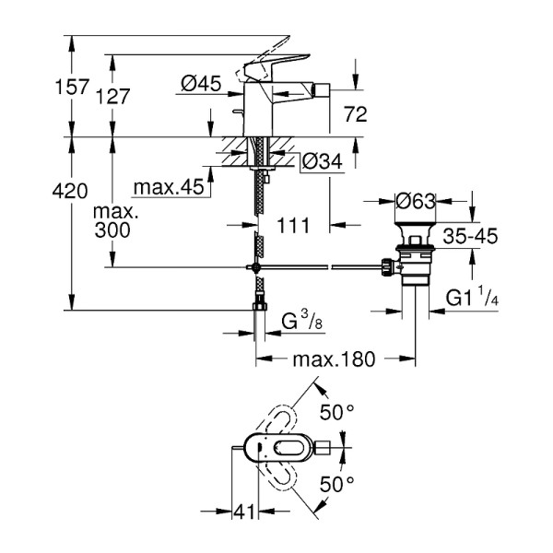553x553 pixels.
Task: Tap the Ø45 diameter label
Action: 201,84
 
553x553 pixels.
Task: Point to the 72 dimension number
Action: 355,114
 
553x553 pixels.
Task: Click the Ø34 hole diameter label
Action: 322,161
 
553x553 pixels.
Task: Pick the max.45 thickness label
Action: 168,187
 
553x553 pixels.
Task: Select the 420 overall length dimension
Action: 70,191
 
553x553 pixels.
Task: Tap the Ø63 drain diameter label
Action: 416,201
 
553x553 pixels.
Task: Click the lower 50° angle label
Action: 336,482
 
